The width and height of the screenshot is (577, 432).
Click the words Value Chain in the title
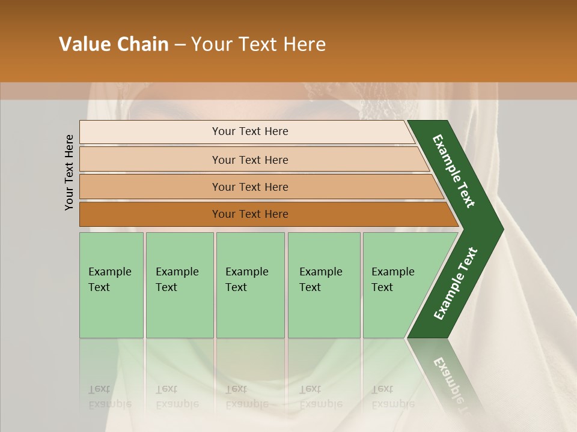114,44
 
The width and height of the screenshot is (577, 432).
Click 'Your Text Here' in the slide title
258,44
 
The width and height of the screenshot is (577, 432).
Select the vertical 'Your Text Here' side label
70,172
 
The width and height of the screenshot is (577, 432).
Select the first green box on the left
111,285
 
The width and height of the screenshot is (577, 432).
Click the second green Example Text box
179,285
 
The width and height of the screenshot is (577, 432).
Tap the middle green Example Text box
250,285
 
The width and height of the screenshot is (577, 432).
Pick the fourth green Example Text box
323,285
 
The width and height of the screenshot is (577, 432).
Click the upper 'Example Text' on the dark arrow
454,171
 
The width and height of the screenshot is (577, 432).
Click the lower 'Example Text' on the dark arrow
455,284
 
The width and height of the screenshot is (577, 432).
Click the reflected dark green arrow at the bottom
448,378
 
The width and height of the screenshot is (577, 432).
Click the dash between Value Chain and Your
180,45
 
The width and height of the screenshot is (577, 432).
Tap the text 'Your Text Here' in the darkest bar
250,214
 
